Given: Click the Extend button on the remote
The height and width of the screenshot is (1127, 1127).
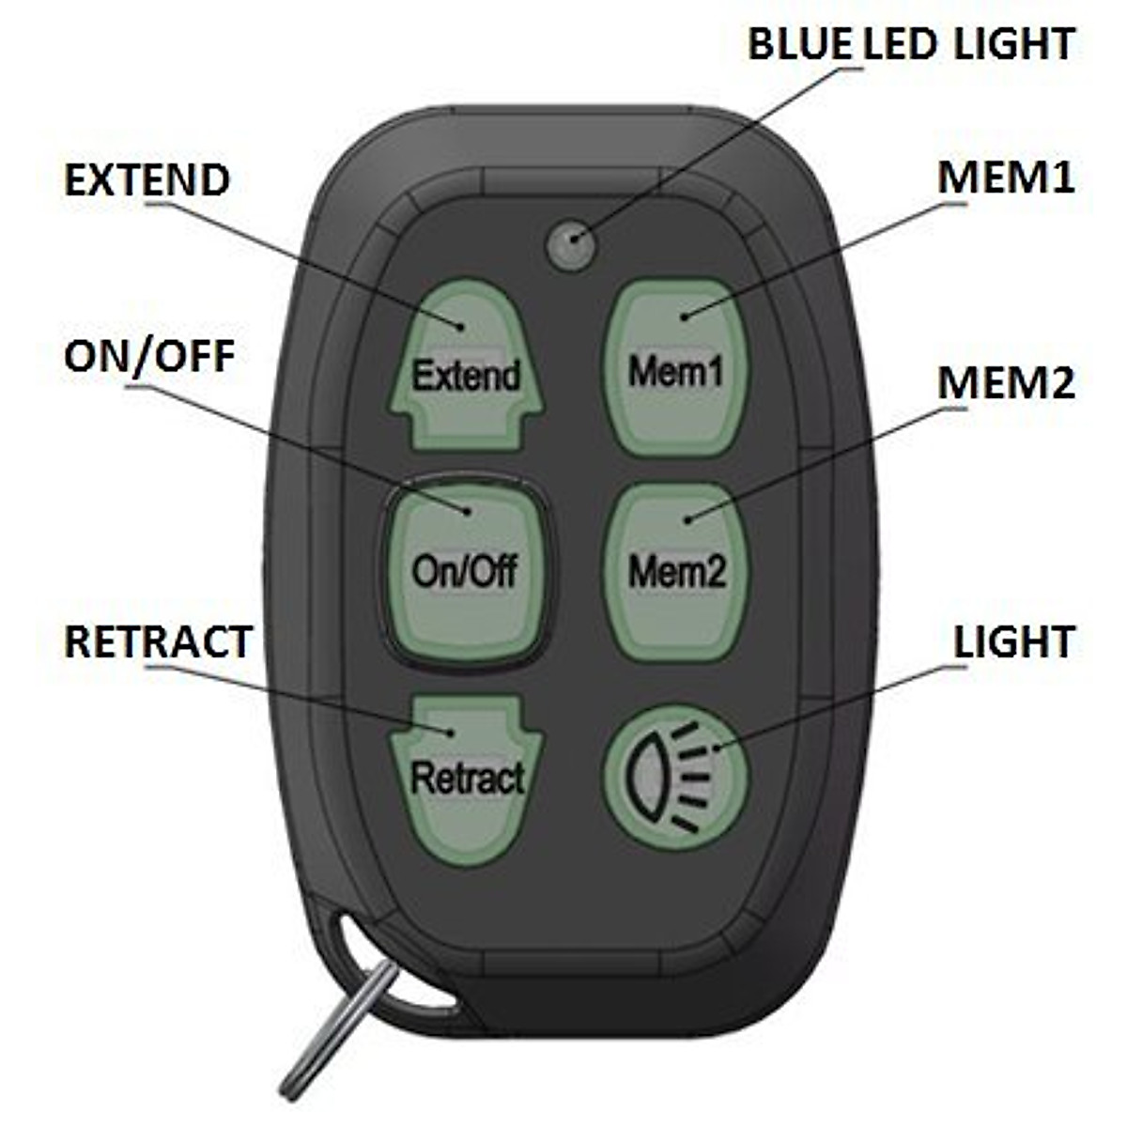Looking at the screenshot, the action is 466,366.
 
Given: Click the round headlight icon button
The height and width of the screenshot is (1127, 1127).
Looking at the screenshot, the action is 675,779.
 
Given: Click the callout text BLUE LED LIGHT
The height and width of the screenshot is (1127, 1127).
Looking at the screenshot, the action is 910,44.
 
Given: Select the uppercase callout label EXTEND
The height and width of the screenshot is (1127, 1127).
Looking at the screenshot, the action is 147,180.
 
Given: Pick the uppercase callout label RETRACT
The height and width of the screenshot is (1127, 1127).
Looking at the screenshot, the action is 158,642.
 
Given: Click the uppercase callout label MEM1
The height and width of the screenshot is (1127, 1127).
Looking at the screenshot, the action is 1006,178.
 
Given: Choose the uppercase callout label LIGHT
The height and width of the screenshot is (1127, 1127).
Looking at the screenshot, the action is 1013,643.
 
